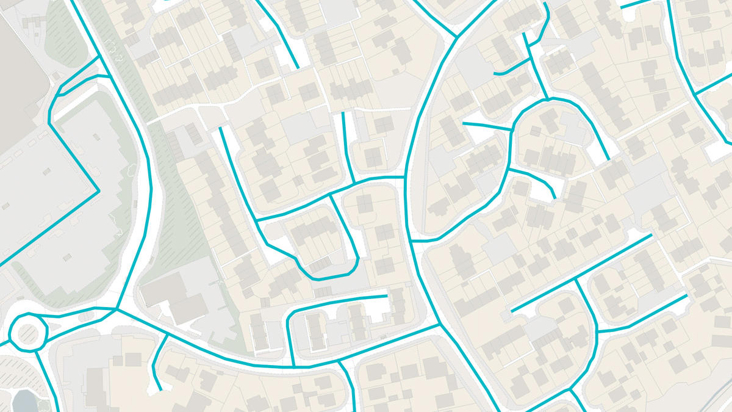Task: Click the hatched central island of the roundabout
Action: (x=28, y=333)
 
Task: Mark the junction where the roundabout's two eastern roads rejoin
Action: (x=116, y=309)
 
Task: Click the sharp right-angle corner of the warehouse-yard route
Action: (x=98, y=191)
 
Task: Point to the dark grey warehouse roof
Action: (x=18, y=61)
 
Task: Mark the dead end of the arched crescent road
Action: (x=608, y=160)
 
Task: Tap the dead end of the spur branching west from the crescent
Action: (x=464, y=124)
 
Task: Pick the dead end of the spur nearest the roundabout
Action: (x=160, y=389)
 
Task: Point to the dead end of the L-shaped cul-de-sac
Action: (x=387, y=297)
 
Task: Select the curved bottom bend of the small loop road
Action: (x=320, y=278)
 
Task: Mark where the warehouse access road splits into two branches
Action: (x=61, y=96)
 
